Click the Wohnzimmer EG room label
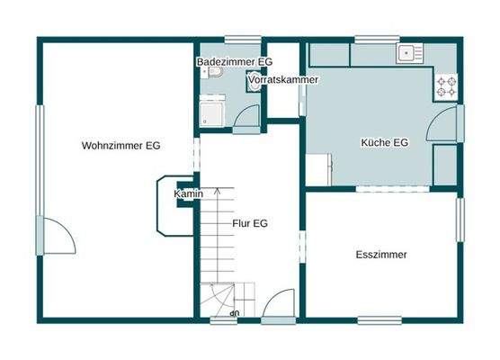[x=121, y=146]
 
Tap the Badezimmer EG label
[x=234, y=61]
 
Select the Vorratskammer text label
[x=282, y=80]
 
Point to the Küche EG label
[x=384, y=143]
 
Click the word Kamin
[x=189, y=193]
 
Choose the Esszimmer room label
[x=381, y=255]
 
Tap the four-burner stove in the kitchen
[x=446, y=85]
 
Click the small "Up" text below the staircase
[x=235, y=313]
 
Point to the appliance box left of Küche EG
[x=320, y=170]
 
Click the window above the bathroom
[x=242, y=39]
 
